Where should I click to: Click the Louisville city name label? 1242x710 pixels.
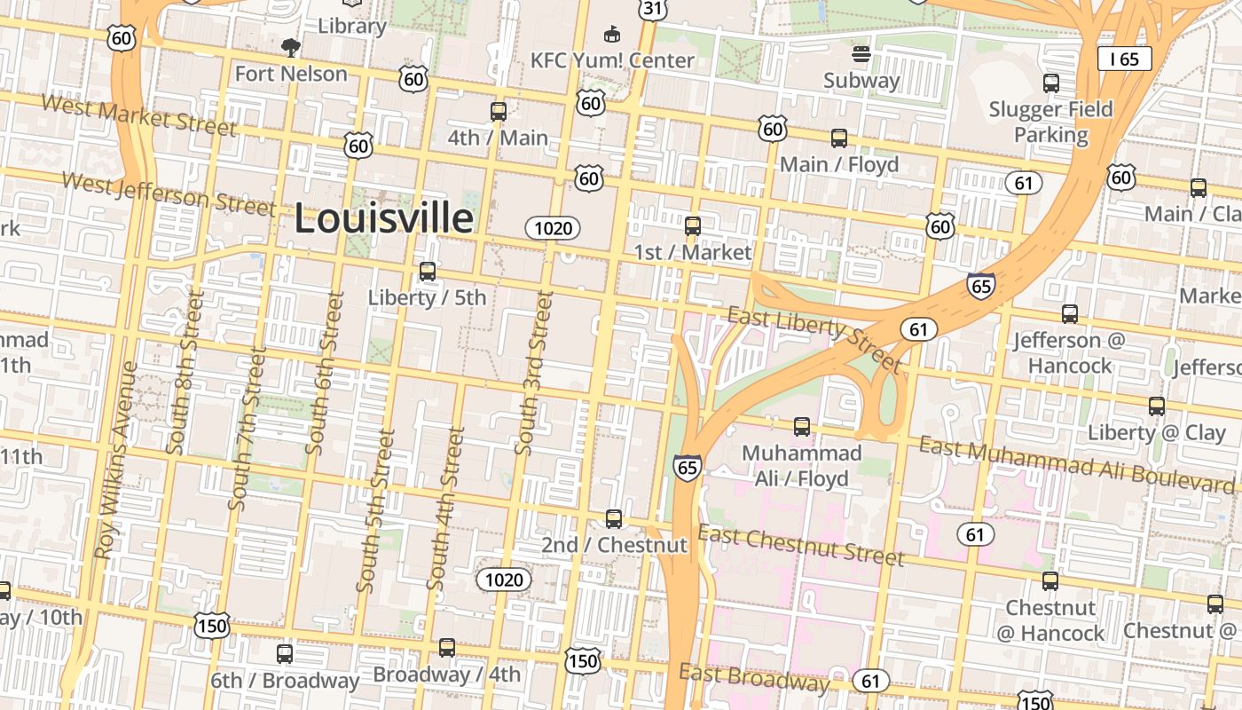[383, 218]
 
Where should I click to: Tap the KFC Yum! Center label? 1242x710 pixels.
[612, 60]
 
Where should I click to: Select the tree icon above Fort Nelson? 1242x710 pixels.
[290, 48]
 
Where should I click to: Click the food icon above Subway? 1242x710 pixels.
[861, 54]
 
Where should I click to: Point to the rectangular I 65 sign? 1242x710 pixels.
[1124, 59]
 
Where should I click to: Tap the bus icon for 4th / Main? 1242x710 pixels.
[499, 112]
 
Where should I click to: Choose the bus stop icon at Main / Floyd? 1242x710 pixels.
[839, 138]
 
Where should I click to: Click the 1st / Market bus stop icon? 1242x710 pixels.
[693, 225]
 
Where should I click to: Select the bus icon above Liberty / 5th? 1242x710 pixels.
[428, 272]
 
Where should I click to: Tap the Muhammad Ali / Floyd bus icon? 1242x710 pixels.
[802, 427]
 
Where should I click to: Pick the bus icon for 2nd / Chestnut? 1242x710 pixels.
[614, 519]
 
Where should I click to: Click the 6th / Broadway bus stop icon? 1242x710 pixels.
[285, 654]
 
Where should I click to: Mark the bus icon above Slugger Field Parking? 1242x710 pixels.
[1051, 83]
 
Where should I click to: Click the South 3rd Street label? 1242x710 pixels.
[534, 374]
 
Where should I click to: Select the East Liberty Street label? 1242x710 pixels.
[814, 339]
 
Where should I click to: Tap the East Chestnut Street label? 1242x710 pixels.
[801, 545]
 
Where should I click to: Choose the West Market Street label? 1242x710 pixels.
[139, 115]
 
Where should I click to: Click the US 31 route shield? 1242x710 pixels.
[652, 8]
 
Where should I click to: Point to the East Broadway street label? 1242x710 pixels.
[753, 677]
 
